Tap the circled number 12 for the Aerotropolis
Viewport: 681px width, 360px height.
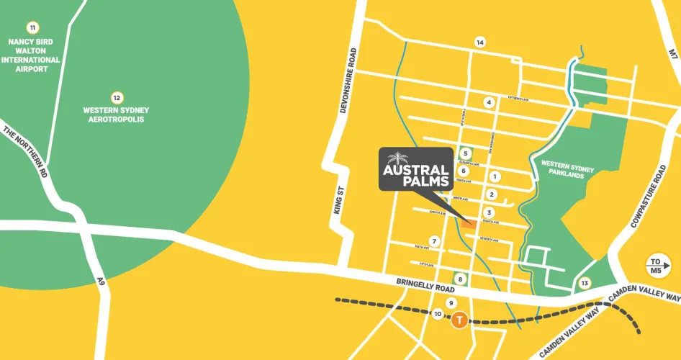click(x=116, y=97)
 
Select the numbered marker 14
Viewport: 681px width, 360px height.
click(x=480, y=42)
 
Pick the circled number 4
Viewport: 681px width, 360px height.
click(x=489, y=102)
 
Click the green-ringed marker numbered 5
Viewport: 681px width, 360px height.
click(x=466, y=153)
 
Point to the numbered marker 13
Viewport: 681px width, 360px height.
click(x=585, y=283)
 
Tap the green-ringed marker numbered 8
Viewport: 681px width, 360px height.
click(x=460, y=279)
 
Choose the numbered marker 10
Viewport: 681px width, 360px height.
click(x=438, y=314)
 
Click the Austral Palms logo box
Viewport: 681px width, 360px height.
click(x=416, y=170)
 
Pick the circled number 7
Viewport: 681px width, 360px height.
click(x=434, y=240)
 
